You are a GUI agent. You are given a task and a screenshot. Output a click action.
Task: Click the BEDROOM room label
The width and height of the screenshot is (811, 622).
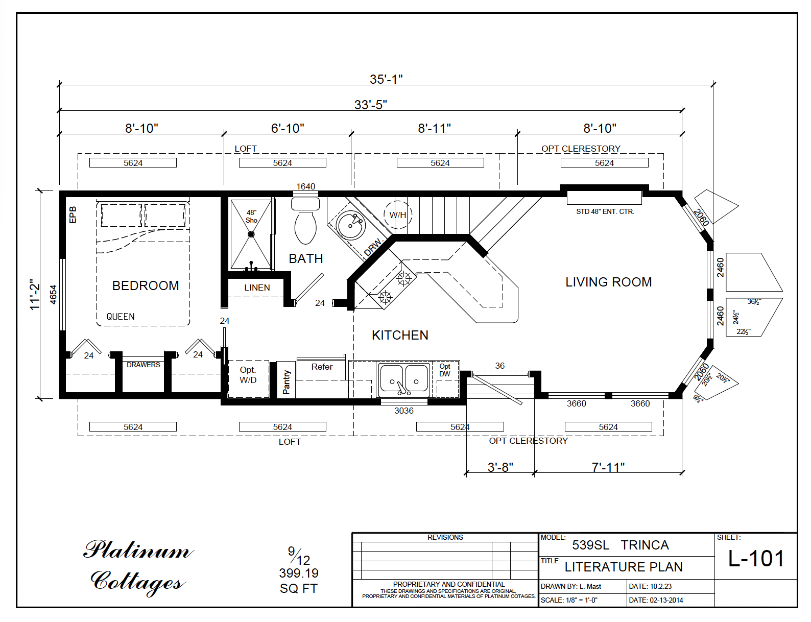pyautogui.click(x=146, y=285)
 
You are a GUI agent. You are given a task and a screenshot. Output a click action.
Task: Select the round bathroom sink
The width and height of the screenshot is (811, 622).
pyautogui.click(x=350, y=224)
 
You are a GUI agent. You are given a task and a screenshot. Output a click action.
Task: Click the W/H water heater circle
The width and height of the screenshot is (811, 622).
pyautogui.click(x=398, y=214)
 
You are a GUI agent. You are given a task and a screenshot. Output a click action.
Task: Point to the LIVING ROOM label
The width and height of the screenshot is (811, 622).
pyautogui.click(x=608, y=282)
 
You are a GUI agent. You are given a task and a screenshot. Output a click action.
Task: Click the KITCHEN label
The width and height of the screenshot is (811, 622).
pyautogui.click(x=400, y=335)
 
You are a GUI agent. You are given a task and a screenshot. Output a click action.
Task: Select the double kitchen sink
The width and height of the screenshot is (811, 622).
pyautogui.click(x=404, y=380)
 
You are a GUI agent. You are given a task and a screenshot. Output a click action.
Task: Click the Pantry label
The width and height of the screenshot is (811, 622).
pyautogui.click(x=287, y=381)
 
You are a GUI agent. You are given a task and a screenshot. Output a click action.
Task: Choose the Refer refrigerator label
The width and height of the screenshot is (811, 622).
pyautogui.click(x=322, y=367)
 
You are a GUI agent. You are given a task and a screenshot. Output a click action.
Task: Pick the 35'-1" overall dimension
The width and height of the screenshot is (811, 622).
pyautogui.click(x=386, y=79)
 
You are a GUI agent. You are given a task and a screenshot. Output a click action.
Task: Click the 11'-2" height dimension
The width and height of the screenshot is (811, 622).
pyautogui.click(x=34, y=295)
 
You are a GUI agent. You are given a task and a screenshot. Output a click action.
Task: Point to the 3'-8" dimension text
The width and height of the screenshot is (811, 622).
pyautogui.click(x=500, y=467)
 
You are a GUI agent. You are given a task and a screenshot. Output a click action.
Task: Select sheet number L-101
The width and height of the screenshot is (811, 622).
pyautogui.click(x=755, y=559)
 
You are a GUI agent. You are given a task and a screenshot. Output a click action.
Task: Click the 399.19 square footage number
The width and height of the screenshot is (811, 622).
pyautogui.click(x=299, y=573)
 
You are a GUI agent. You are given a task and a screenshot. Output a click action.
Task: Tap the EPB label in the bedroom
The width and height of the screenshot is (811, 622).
pyautogui.click(x=73, y=214)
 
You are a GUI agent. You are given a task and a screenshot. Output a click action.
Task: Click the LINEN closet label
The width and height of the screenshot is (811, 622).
pyautogui.click(x=257, y=288)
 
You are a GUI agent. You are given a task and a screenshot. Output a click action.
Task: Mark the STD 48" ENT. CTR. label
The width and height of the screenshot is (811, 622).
pyautogui.click(x=605, y=211)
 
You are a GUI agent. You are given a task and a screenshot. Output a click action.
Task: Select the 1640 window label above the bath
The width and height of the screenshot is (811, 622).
pyautogui.click(x=305, y=186)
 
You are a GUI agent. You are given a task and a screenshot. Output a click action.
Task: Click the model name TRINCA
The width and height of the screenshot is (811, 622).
pyautogui.click(x=645, y=545)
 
